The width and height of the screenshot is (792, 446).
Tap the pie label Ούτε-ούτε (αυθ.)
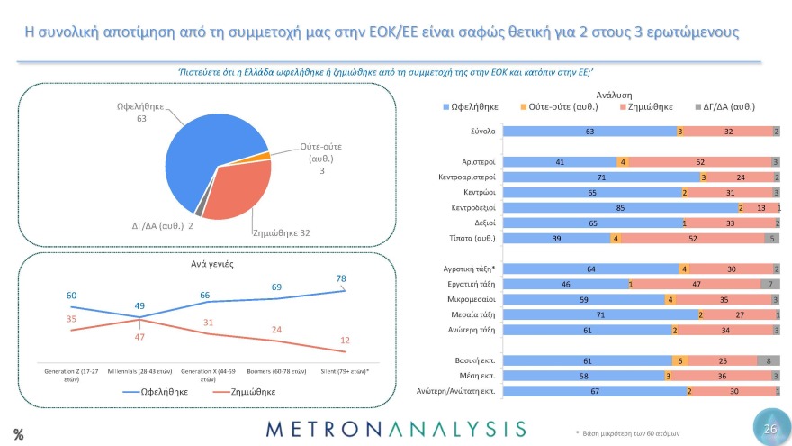pyautogui.click(x=320, y=152)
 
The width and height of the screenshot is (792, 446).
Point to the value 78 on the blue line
pyautogui.click(x=341, y=278)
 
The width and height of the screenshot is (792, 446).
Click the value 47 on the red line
pyautogui.click(x=140, y=335)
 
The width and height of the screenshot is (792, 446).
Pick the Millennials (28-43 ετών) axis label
pyautogui.click(x=140, y=370)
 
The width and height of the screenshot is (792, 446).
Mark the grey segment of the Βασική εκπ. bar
pyautogui.click(x=770, y=360)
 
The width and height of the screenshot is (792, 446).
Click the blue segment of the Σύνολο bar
pyautogui.click(x=589, y=132)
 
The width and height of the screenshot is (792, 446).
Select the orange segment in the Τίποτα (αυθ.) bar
pyautogui.click(x=616, y=238)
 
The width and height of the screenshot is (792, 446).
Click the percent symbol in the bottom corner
pyautogui.click(x=18, y=433)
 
